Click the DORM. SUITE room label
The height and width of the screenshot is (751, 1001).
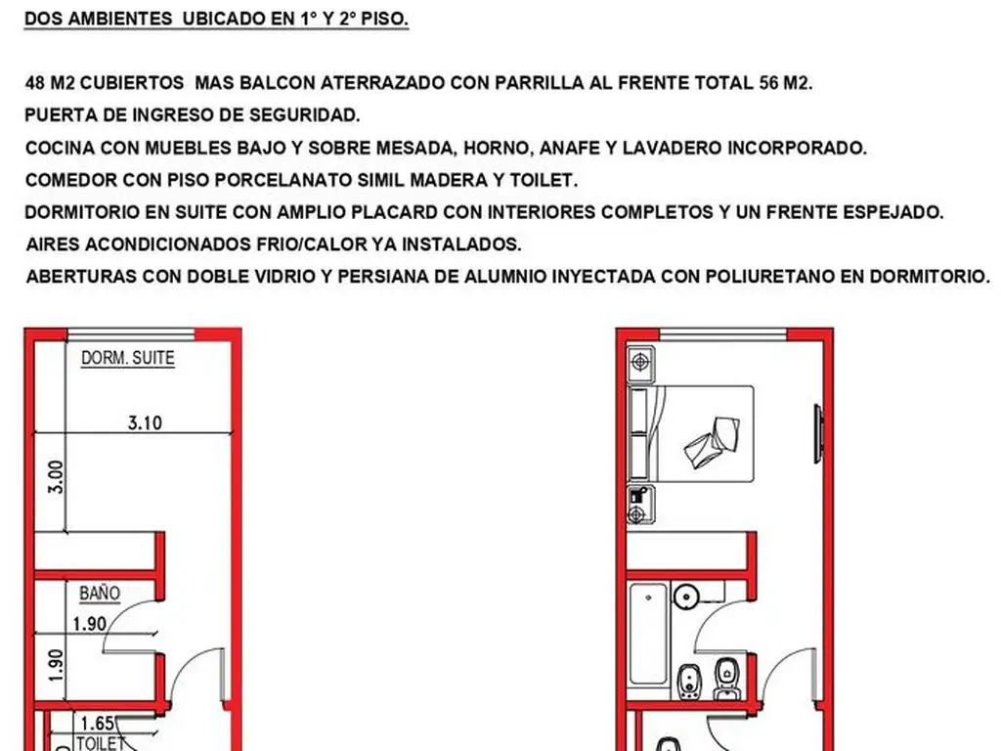pyautogui.click(x=127, y=358)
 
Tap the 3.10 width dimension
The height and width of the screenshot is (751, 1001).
pyautogui.click(x=145, y=423)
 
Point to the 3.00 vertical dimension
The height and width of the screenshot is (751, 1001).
pyautogui.click(x=56, y=476)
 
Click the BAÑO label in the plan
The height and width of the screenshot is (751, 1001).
pyautogui.click(x=100, y=593)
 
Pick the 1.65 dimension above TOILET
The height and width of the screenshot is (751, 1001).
pyautogui.click(x=98, y=725)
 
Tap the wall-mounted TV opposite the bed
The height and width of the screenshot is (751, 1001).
pyautogui.click(x=820, y=426)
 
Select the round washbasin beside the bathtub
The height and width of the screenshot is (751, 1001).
pyautogui.click(x=687, y=595)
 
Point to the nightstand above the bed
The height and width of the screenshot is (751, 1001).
pyautogui.click(x=641, y=363)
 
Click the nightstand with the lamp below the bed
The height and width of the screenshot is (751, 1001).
pyautogui.click(x=640, y=504)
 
